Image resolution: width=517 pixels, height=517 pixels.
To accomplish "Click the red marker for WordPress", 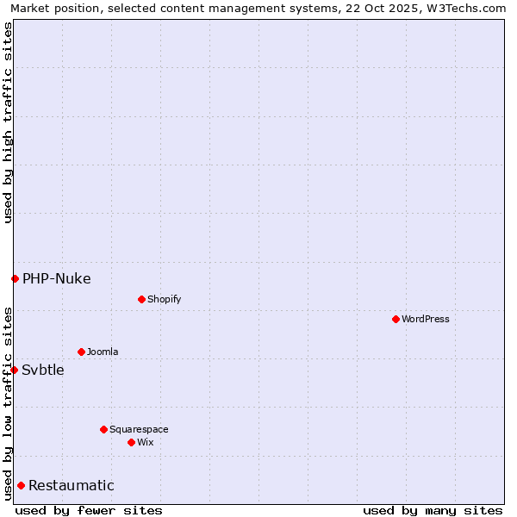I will click(x=396, y=319).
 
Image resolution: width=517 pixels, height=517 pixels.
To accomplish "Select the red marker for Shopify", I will click(x=141, y=299).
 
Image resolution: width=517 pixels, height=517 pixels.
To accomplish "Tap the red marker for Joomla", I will click(x=81, y=352).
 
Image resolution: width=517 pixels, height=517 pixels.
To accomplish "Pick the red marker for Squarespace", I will click(x=103, y=429).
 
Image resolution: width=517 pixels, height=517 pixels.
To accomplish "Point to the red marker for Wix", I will click(x=131, y=442).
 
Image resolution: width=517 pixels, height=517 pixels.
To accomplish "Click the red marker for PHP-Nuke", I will click(x=15, y=278).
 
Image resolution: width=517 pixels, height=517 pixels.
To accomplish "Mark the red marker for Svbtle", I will click(x=14, y=370).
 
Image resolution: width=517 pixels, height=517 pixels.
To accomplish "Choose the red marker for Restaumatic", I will click(x=21, y=485).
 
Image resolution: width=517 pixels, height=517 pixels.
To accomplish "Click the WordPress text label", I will click(x=426, y=319).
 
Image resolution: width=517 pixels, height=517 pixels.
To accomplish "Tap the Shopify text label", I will click(x=164, y=299).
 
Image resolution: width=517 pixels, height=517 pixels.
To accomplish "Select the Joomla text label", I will click(x=103, y=352).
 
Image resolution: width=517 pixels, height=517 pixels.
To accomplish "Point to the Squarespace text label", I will click(x=139, y=429).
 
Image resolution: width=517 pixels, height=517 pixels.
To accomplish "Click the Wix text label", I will click(x=145, y=442).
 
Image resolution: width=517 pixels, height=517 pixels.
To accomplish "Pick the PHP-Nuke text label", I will click(x=56, y=278).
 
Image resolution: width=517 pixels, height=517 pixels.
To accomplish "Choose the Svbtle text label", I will click(x=43, y=370).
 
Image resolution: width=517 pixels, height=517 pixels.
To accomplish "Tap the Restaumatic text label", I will click(x=71, y=485).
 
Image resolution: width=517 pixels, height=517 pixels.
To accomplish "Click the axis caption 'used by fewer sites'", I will click(x=89, y=510).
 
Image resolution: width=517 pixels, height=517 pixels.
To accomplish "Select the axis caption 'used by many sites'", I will click(x=433, y=510).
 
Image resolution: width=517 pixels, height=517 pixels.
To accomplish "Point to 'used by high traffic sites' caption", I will click(x=8, y=122).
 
